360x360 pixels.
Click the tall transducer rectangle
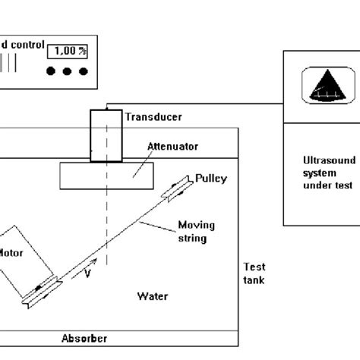[x=103, y=136]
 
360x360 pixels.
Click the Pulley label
[x=210, y=178]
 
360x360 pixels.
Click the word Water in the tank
[x=152, y=295]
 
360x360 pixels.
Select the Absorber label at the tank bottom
[x=83, y=339]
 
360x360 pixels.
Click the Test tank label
[x=254, y=273]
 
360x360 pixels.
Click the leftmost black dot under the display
[x=51, y=72]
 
